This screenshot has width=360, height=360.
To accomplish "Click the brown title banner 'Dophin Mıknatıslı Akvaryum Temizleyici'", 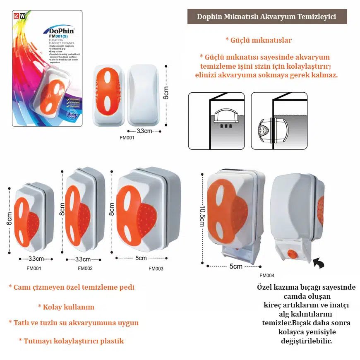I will coord(267,17).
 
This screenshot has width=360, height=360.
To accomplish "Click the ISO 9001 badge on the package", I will coord(73,113).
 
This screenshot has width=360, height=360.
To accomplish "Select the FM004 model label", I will coord(267,275).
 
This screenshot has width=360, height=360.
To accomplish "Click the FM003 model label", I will coord(156,269).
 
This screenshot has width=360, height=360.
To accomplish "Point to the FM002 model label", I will coord(85,269).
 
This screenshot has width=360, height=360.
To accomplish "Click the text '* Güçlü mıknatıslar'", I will coord(259,40).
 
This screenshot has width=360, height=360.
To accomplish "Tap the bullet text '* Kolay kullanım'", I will coord(66,307).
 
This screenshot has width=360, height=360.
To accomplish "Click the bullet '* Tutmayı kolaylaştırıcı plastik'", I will coord(71,341).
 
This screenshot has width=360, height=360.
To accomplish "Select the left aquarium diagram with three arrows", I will coord(216,120).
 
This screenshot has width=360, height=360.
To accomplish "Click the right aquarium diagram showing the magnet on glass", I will coord(279,120).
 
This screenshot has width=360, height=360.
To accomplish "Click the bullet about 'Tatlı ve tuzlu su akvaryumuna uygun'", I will coord(74,323).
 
